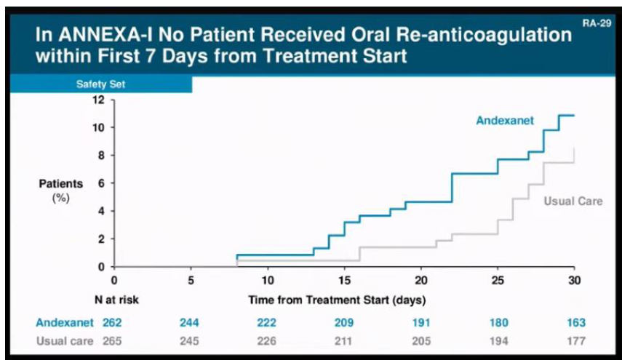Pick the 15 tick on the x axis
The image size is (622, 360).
[x=344, y=280]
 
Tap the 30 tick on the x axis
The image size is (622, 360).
[x=574, y=280]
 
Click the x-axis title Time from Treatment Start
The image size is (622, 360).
[x=336, y=299]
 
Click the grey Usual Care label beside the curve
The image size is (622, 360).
[x=573, y=201]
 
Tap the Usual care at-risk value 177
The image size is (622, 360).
[x=574, y=340]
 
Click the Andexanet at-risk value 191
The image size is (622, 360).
[x=420, y=323]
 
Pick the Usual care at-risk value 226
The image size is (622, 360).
[x=267, y=340]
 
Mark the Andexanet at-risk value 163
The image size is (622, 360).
[x=574, y=323]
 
